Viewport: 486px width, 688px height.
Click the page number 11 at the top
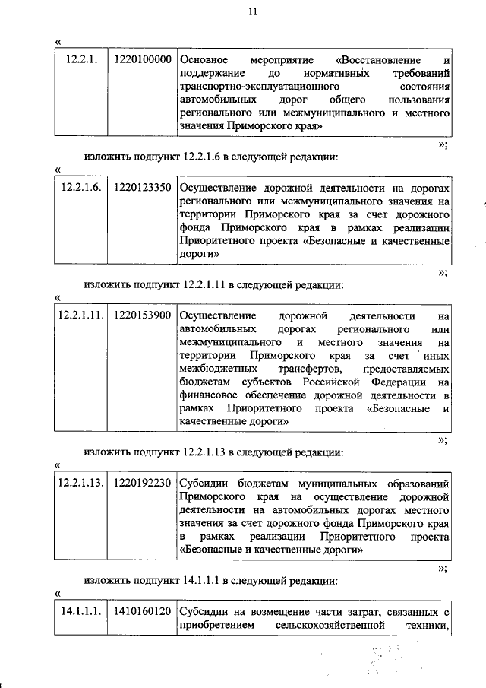(x=253, y=11)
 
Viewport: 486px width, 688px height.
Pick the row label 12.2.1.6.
(x=80, y=187)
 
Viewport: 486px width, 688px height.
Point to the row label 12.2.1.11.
(x=80, y=315)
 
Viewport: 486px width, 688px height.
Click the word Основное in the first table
(x=204, y=59)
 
